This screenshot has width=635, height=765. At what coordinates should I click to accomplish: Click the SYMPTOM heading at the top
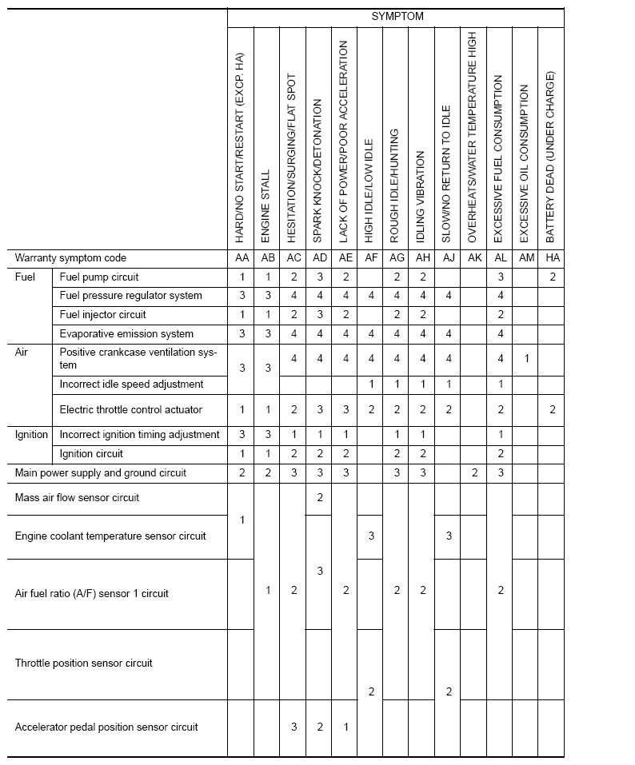(397, 16)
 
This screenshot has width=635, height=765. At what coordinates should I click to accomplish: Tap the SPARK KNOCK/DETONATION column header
(318, 172)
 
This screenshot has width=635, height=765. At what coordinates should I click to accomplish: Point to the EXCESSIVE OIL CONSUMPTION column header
(525, 159)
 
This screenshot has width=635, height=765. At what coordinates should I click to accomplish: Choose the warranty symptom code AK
(474, 258)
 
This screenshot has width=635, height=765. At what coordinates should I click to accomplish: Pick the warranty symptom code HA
(552, 258)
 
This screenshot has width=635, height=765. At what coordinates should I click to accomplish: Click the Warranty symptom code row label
(70, 258)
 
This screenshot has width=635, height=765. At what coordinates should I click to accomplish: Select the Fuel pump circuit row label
(99, 277)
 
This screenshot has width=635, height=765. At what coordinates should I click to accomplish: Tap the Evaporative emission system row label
(126, 333)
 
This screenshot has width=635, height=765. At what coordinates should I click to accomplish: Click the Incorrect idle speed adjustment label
(131, 384)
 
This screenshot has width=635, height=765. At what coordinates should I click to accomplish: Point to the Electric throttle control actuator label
(131, 409)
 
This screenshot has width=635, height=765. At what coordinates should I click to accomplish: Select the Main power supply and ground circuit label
(101, 472)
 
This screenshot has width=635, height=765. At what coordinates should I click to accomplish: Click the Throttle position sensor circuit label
(84, 663)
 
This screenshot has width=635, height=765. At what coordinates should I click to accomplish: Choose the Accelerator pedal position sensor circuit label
(106, 727)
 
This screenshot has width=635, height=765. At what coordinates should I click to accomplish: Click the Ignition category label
(32, 434)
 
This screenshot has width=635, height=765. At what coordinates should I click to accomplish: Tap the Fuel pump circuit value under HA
(552, 277)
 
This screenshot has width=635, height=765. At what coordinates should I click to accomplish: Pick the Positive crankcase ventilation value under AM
(526, 359)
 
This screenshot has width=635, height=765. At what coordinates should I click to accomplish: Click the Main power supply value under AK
(474, 472)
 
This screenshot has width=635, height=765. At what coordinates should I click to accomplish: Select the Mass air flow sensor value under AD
(319, 497)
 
